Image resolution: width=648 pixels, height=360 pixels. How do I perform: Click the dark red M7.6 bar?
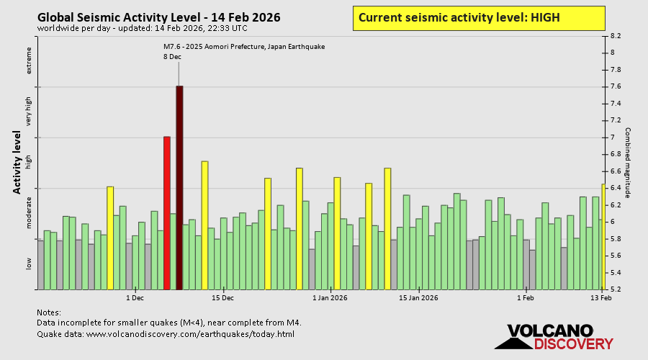coord(179,187)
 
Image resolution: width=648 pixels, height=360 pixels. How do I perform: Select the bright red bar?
coord(167,212)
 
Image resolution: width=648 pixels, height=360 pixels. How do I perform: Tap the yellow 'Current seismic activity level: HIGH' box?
coord(479,17)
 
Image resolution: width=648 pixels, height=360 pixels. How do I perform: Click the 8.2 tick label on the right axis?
coord(616,35)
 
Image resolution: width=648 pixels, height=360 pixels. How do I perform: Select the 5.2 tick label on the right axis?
coord(616,289)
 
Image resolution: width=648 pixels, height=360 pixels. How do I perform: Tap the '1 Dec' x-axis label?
coord(135,297)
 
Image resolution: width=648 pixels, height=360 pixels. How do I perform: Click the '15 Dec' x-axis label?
coord(223,297)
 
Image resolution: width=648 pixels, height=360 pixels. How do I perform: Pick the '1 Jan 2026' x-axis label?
coord(330,297)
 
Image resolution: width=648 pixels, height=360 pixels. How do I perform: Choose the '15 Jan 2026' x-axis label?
coord(419,297)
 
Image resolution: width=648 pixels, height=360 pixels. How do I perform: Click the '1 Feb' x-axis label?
coord(526,297)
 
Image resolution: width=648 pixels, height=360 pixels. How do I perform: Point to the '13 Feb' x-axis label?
coord(601,297)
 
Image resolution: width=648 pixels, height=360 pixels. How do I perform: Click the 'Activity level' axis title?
coord(17,162)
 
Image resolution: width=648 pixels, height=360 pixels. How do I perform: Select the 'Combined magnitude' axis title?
coord(628,163)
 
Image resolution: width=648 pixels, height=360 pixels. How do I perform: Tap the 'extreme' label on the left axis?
coord(30,60)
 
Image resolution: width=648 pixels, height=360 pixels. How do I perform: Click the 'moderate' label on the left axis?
coord(30,212)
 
